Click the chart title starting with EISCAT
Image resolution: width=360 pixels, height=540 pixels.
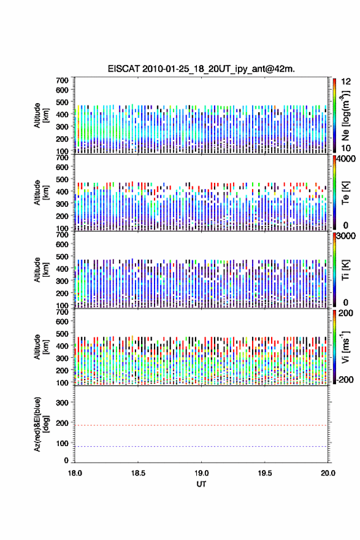[201, 69]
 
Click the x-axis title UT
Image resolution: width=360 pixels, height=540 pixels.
[201, 484]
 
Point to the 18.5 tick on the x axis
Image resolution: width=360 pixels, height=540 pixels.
[138, 473]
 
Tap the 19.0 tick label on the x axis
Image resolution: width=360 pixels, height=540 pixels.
[201, 473]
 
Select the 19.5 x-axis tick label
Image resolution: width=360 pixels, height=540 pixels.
[265, 473]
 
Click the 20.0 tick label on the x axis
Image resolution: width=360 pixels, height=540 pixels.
[328, 473]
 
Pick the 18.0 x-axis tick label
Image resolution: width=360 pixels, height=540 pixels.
[75, 473]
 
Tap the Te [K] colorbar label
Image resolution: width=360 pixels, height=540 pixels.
[345, 193]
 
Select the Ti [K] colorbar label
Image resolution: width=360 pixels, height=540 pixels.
[345, 270]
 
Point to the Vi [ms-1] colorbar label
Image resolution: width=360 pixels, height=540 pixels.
[345, 347]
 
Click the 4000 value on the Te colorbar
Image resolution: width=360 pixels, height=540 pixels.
[345, 159]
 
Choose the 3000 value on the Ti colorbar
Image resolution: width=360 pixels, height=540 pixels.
[345, 236]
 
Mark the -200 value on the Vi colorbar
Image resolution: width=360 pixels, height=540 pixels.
[345, 379]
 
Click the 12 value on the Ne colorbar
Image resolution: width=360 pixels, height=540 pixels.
[345, 82]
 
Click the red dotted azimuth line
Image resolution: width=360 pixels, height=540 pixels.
[201, 425]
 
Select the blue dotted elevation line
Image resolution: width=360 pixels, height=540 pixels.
[201, 446]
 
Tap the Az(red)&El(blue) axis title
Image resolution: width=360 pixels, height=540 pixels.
[41, 424]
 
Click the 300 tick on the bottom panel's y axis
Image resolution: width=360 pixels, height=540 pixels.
[63, 403]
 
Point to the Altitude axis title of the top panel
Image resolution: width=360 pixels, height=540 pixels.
[41, 115]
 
